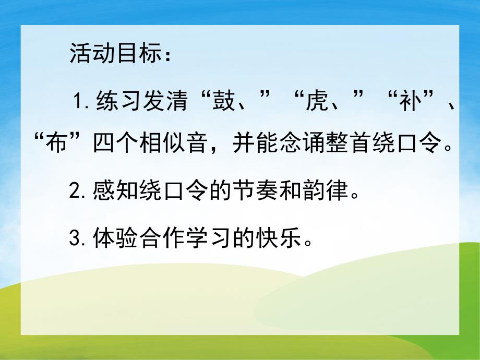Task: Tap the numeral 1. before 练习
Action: click(x=83, y=100)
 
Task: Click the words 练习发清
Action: click(x=140, y=100)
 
